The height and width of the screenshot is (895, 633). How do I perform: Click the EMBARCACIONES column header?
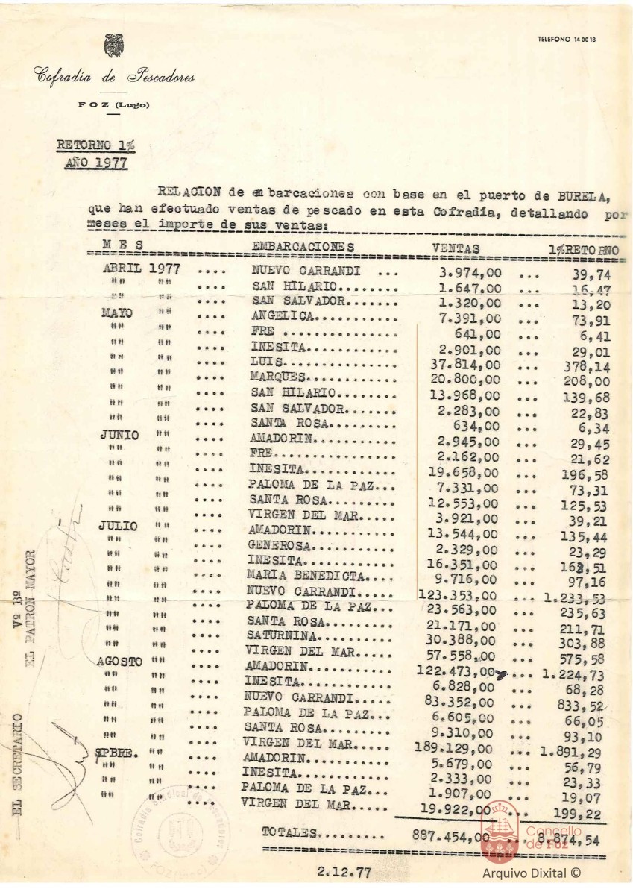[x=303, y=247]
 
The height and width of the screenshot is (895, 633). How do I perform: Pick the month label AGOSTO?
[x=120, y=662]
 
